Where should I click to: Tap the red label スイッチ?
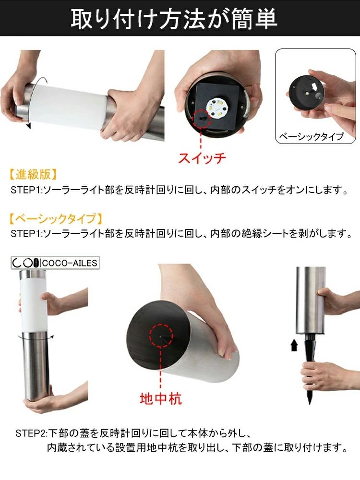click(202, 158)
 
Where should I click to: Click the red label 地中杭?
click(161, 398)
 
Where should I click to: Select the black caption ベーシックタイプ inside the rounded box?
click(311, 136)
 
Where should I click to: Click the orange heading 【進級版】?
click(33, 175)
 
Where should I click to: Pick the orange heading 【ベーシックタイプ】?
click(55, 218)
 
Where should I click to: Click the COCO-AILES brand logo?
click(55, 263)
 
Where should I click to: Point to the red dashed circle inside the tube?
click(161, 336)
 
